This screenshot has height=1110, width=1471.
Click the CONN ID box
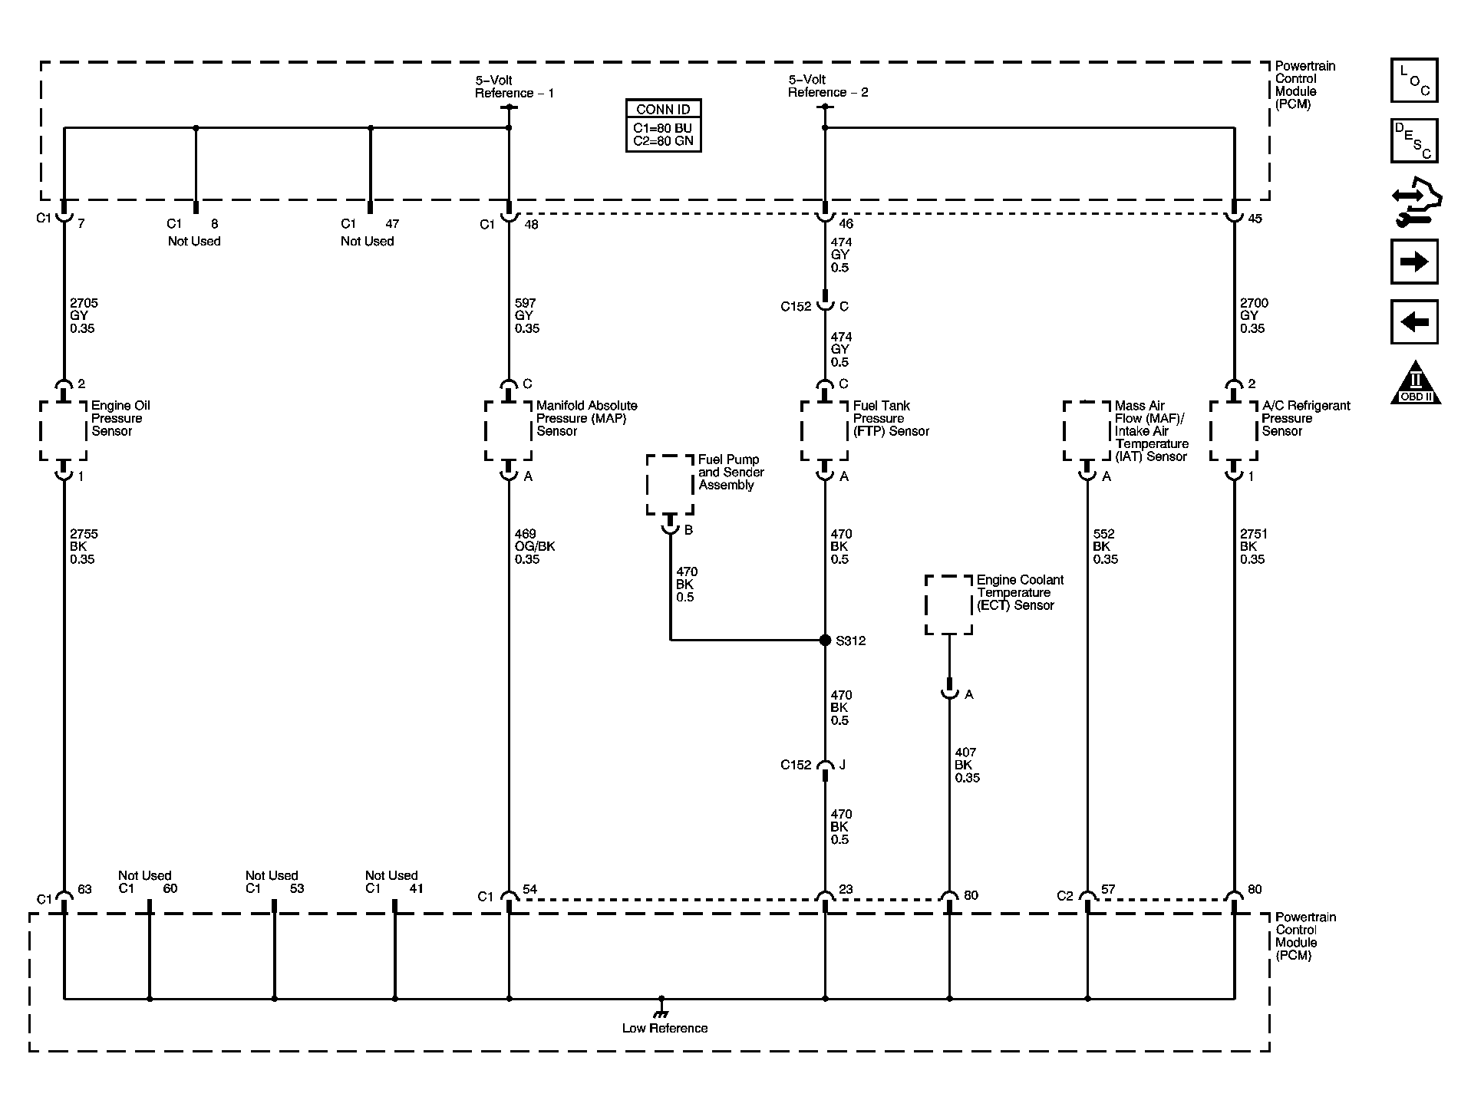pos(663,125)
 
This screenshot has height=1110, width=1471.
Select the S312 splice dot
pos(825,640)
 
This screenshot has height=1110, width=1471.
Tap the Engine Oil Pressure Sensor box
pos(63,430)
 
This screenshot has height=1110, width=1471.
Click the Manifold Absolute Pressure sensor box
pos(508,430)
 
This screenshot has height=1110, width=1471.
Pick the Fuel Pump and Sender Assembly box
pos(670,484)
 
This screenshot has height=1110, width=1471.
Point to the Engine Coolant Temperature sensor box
pos(948,604)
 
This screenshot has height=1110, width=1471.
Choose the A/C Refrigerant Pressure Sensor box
pos(1233,430)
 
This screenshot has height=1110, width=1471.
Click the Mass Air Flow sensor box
pos(1087,430)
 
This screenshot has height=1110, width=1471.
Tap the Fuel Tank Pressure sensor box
pos(824,430)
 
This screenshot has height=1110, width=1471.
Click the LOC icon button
pos(1413,81)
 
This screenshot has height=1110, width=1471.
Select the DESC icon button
pos(1413,140)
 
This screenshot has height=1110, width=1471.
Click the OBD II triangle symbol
pos(1415,384)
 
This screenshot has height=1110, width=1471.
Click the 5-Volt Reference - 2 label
pos(827,86)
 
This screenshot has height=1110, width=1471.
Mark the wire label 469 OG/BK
pos(534,546)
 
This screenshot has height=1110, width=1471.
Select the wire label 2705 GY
pos(83,315)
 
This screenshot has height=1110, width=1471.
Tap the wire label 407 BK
pos(966,765)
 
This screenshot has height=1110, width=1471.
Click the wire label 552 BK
pos(1104,546)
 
